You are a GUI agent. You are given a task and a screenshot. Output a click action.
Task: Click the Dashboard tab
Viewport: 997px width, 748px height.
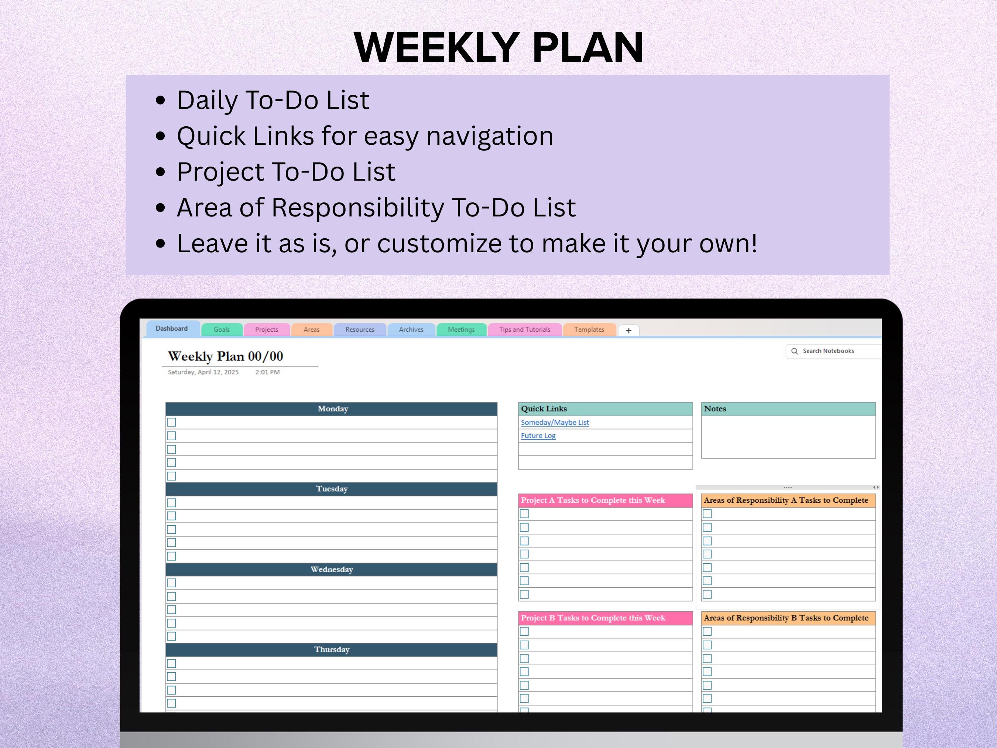coord(172,329)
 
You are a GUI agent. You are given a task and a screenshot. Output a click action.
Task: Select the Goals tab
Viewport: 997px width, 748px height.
coord(222,329)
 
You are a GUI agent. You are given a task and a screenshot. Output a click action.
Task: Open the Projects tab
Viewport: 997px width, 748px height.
coord(266,329)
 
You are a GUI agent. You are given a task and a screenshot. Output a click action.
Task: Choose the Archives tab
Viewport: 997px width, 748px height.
coord(411,329)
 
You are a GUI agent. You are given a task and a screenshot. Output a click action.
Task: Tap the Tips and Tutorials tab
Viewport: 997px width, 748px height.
coord(524,329)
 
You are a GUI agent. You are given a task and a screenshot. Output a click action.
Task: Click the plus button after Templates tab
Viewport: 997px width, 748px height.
coord(628,331)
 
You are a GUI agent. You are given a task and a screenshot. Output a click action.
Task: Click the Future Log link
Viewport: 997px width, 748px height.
coord(538,436)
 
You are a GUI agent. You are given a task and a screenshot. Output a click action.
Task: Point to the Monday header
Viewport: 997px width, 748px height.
coord(332,409)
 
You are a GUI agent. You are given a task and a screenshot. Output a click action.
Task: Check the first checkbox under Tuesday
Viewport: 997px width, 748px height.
coord(172,503)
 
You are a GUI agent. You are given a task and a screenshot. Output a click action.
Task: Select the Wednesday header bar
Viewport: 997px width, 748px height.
coord(331,570)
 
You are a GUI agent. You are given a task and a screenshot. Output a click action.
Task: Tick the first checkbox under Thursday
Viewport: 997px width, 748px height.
coord(172,663)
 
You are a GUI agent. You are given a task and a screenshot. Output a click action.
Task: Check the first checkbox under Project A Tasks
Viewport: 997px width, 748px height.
coord(524,513)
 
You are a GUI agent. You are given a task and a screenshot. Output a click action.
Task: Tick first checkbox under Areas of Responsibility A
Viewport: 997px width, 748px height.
coord(707,513)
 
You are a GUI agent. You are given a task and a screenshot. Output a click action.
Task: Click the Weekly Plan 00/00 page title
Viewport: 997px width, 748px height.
coord(225,356)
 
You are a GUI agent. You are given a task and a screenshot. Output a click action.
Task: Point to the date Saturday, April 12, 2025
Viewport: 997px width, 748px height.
coord(203,372)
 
